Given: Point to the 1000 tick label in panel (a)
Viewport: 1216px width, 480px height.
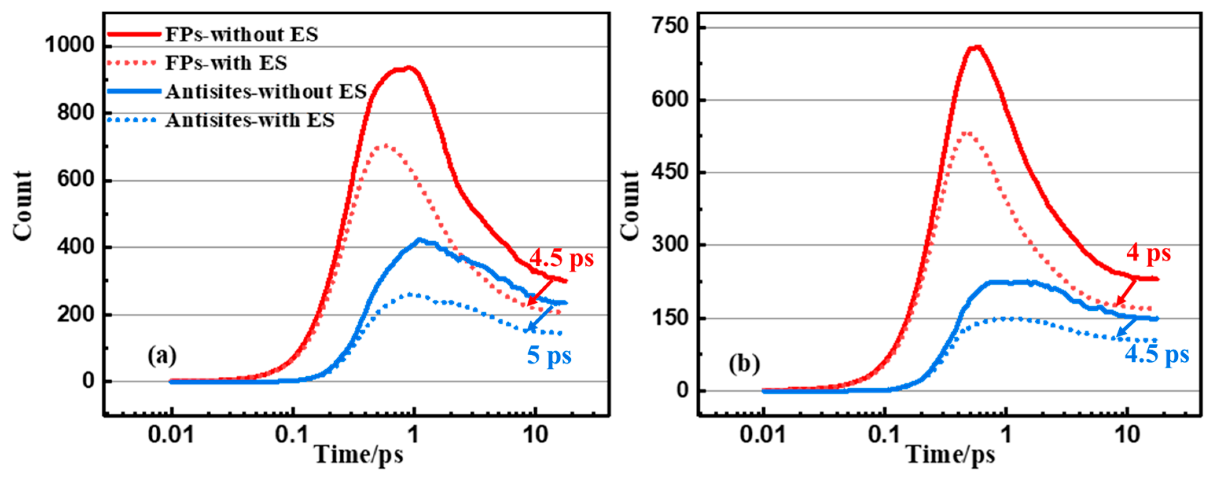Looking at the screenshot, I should coord(70,46).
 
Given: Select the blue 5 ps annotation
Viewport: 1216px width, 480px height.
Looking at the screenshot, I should coord(548,355).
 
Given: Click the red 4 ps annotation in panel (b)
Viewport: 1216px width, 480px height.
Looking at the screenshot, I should coord(1148,253).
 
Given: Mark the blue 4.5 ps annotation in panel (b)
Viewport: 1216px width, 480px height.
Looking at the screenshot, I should coord(1157,355).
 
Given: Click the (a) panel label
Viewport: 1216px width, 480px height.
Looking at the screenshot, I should coord(162,356).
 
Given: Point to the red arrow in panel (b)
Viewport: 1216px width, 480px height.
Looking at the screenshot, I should coord(1126,293).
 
